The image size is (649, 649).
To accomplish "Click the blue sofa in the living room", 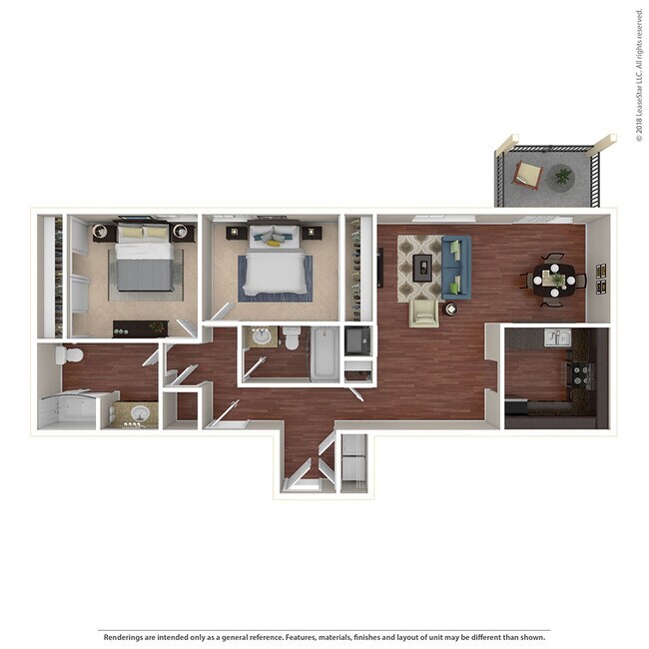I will (x=455, y=266).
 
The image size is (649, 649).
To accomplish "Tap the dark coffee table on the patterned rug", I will (x=422, y=266).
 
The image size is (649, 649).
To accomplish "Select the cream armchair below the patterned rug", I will (x=423, y=313).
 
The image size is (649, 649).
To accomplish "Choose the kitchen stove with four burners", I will (x=580, y=375).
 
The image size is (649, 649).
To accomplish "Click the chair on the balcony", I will (x=527, y=176).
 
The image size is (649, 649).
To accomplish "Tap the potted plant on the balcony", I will (x=563, y=177).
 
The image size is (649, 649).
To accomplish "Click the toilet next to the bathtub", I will (x=292, y=339).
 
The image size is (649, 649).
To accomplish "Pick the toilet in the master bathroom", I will (x=70, y=354).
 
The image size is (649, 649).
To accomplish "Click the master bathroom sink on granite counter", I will (x=139, y=412).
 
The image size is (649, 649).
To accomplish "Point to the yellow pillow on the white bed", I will (x=273, y=240).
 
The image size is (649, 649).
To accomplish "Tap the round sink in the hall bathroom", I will (x=262, y=336).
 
